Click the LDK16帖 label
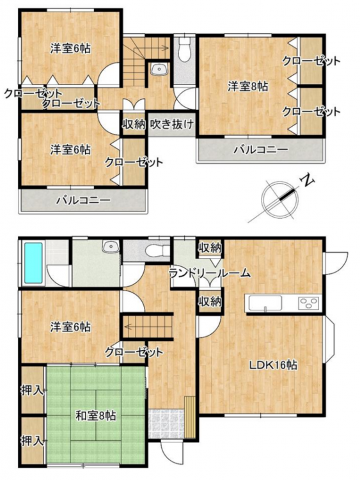273,365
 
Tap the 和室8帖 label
96,416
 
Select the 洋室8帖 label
247,86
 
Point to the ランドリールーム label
210,273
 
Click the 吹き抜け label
172,124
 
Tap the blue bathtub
33,262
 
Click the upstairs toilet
184,49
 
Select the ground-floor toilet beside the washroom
157,251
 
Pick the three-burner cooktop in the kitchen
309,303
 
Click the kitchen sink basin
265,303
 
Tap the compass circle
280,199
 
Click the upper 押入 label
32,390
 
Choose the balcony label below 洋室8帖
261,150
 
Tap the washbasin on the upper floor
159,69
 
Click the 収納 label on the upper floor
134,124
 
